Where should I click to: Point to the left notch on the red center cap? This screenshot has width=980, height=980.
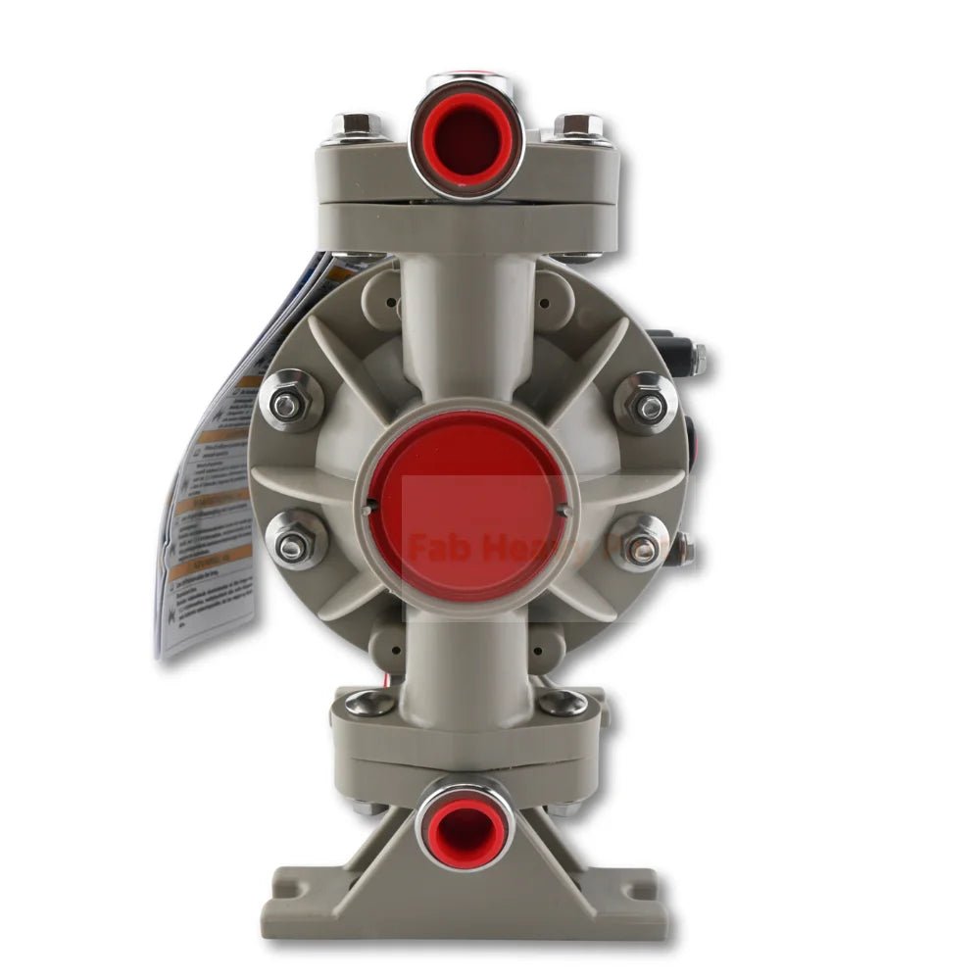click(367, 509)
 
